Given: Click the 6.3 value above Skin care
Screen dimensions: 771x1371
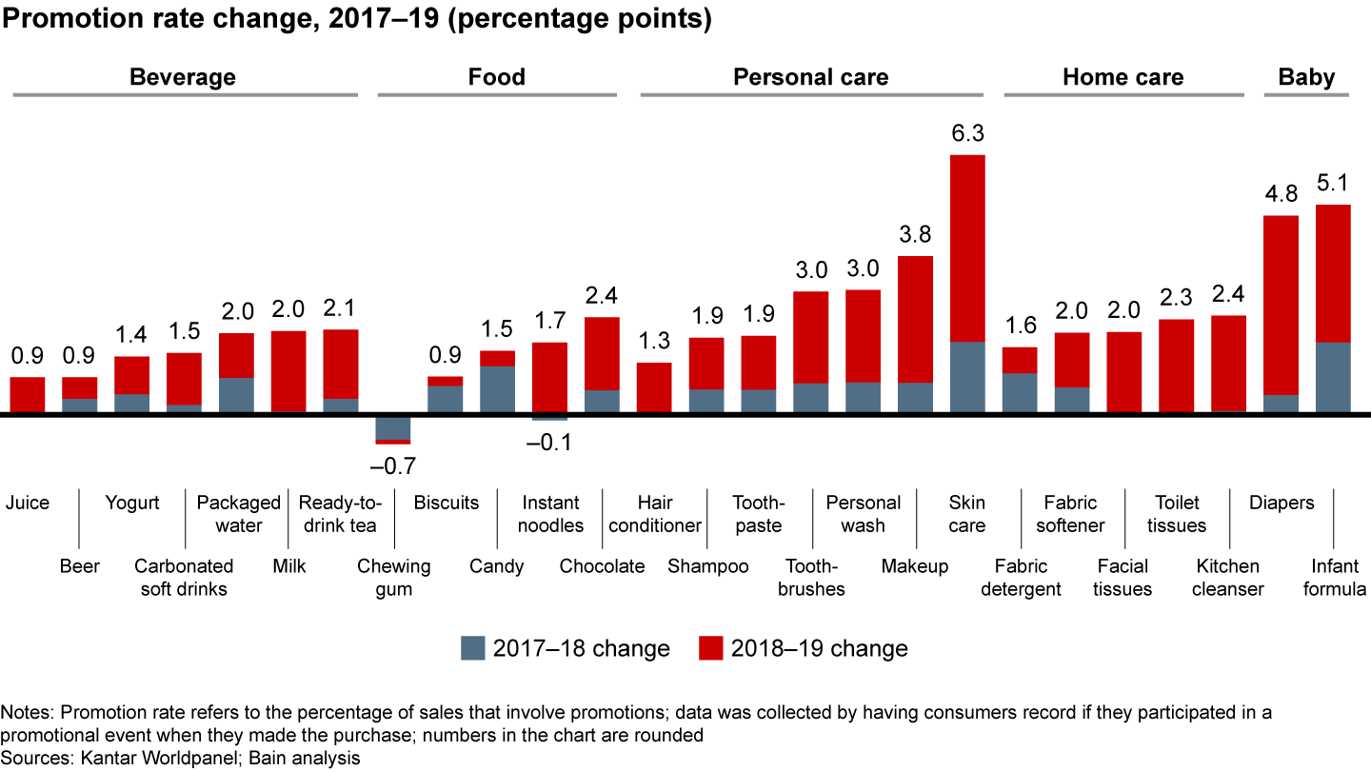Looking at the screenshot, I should coord(967,134).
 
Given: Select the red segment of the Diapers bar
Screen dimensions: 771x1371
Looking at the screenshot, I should coord(1281,305).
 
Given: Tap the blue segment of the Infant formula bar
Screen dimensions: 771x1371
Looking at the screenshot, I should coord(1333,377).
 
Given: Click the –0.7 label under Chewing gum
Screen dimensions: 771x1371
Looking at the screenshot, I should coord(393,466).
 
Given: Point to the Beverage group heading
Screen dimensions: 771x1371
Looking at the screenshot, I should coord(182,77).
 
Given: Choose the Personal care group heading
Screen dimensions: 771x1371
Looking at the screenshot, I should coord(810,77).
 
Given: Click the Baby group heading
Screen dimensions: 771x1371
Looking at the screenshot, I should coord(1306,77).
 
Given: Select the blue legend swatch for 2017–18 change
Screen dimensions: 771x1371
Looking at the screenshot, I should coord(472,648).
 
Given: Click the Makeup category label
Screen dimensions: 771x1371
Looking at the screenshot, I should coord(915,566).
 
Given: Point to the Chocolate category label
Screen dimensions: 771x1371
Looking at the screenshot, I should coord(602,566).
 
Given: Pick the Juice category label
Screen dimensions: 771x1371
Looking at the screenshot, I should coord(27,503).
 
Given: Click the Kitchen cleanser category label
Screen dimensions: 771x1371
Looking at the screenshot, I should coord(1228,578).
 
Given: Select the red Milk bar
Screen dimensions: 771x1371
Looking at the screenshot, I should coord(288,371).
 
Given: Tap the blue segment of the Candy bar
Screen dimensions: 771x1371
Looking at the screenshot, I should coord(497,389).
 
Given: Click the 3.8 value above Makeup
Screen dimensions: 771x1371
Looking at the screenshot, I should coord(915,235).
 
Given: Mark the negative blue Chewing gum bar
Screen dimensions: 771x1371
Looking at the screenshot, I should coord(393,427).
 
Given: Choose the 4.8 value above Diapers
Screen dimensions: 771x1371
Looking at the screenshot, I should coord(1281,195).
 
